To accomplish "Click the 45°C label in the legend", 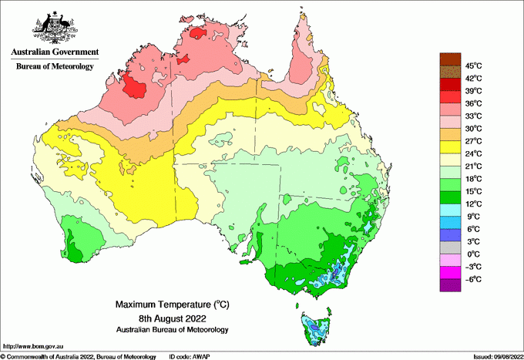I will (x=472, y=66).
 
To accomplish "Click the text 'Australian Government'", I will (x=55, y=52).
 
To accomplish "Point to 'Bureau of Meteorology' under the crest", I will (x=55, y=67).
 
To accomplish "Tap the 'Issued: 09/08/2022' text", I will (x=495, y=356).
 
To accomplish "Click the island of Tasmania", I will (x=314, y=327).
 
